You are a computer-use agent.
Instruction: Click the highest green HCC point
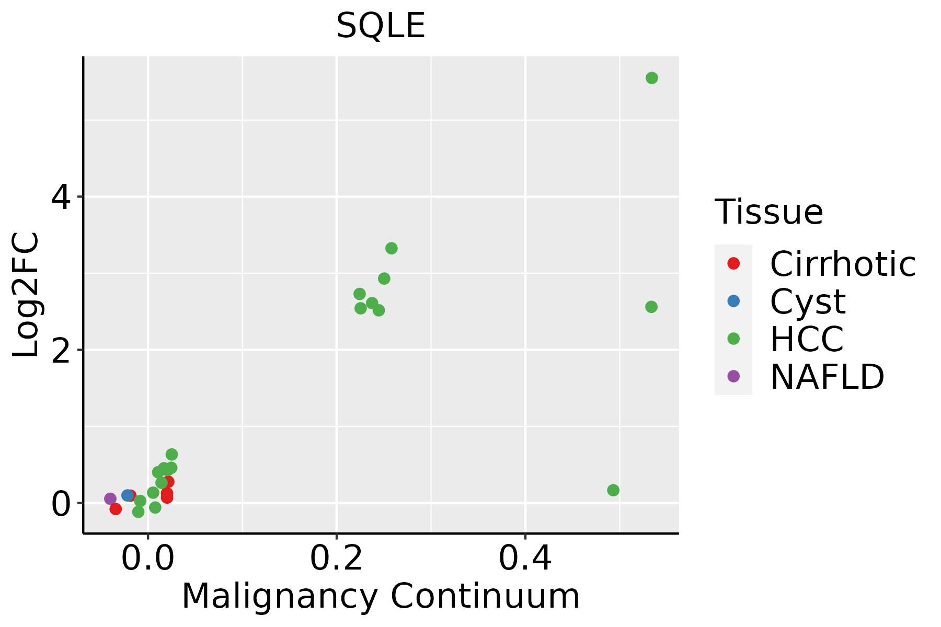[651, 78]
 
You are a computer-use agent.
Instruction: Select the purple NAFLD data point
[110, 498]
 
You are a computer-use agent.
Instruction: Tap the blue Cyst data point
[127, 495]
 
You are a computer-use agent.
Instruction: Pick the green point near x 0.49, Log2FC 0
[613, 490]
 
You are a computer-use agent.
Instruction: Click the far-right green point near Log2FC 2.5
[651, 307]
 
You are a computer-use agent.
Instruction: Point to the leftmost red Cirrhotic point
[116, 509]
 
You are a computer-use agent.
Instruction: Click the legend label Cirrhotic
[842, 264]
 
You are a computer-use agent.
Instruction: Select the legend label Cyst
[808, 301]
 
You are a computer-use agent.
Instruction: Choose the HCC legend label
[807, 339]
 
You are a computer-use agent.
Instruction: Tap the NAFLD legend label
[827, 377]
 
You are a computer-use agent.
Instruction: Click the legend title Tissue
[768, 212]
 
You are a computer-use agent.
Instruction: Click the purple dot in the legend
[733, 376]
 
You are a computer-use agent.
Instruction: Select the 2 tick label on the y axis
[61, 350]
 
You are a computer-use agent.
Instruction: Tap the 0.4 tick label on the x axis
[525, 559]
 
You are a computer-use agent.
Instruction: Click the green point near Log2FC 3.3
[391, 248]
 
